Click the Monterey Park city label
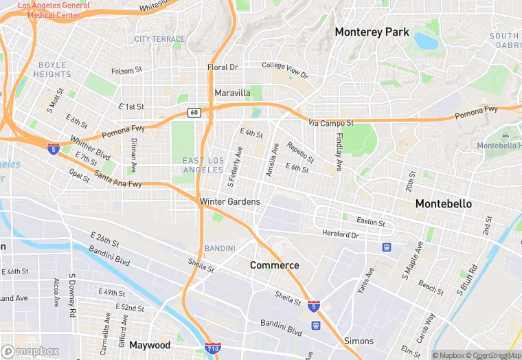point(372,32)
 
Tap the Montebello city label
point(443,204)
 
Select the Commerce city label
point(274,265)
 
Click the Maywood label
point(149,345)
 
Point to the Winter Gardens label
point(229,201)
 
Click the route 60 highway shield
point(196,113)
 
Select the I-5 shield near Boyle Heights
point(54,148)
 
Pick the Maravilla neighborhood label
point(232,93)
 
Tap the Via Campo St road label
point(330,123)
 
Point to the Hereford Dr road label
point(341,235)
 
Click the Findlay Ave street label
point(339,151)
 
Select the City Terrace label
point(160,39)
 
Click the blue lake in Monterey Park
point(426,41)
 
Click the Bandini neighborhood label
point(220,248)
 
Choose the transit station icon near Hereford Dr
point(387,247)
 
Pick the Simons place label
point(359,341)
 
